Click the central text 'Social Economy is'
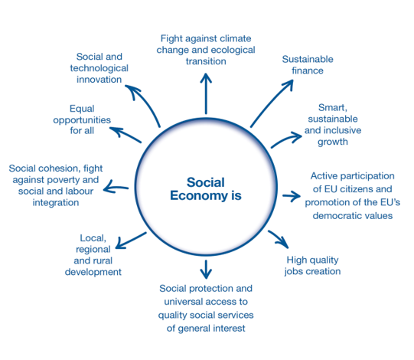pyautogui.click(x=206, y=189)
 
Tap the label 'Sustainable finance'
pyautogui.click(x=308, y=65)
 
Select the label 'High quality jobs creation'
pyautogui.click(x=313, y=266)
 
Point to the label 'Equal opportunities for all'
pyautogui.click(x=82, y=119)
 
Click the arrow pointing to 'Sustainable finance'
pyautogui.click(x=270, y=104)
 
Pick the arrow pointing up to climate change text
pyautogui.click(x=206, y=93)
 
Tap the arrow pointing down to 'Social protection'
pyautogui.click(x=206, y=269)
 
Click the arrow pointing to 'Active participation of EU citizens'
pyautogui.click(x=292, y=196)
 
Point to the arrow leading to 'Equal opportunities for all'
pyautogui.click(x=126, y=134)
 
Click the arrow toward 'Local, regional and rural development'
pyautogui.click(x=131, y=241)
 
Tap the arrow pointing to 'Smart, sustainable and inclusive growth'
pyautogui.click(x=285, y=139)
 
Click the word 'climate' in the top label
pyautogui.click(x=236, y=38)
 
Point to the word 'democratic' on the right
pyautogui.click(x=333, y=216)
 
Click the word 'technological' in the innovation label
pyautogui.click(x=99, y=68)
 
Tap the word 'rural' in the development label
pyautogui.click(x=103, y=260)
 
